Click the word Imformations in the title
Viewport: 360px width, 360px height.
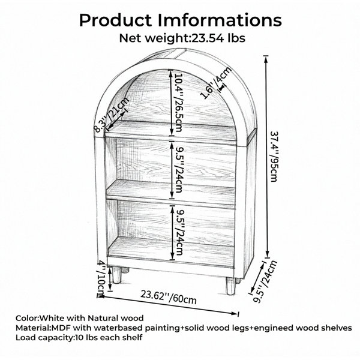tap(220, 20)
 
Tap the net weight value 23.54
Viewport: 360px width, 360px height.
tap(208, 38)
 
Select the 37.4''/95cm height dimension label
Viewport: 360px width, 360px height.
tap(274, 157)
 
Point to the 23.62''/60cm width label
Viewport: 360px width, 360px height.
tap(169, 297)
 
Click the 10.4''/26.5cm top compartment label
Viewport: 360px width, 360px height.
tap(178, 103)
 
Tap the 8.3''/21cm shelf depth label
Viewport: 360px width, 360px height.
tap(112, 115)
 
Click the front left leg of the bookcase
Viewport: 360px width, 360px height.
tap(116, 275)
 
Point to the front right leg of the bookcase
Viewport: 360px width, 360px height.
tap(230, 286)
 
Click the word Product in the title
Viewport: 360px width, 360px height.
tap(115, 20)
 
